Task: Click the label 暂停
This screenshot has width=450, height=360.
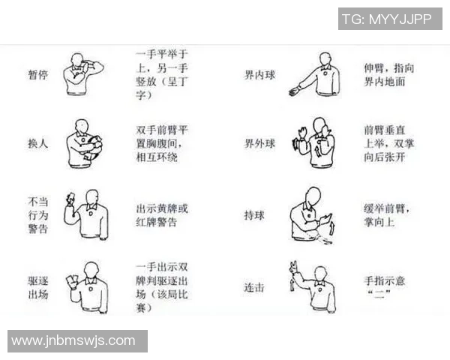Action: point(38,75)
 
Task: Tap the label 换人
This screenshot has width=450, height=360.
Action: point(38,143)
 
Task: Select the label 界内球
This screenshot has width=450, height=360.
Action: point(259,75)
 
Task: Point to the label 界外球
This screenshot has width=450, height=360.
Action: point(259,143)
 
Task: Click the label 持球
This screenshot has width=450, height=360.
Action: point(254,215)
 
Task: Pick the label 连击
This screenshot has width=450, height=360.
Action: point(254,287)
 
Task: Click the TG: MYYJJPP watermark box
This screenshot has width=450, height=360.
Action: point(390,19)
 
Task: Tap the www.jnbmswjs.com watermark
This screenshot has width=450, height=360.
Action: point(77,341)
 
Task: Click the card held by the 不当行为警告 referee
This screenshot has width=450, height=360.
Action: point(70,198)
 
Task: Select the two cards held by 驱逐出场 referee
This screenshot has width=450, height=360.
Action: point(72,280)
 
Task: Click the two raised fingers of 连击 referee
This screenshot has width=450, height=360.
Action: point(294,266)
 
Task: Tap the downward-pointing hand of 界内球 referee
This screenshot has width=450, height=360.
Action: point(294,91)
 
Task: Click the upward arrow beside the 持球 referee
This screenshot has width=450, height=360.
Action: point(332,228)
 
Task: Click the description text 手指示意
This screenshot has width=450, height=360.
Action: point(385,280)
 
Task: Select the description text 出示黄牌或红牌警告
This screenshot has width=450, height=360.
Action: point(162,215)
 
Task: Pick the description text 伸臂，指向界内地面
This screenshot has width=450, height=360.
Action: point(388,75)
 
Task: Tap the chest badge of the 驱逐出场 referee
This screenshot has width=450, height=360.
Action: point(91,289)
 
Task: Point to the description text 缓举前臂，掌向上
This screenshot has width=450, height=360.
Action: point(387,215)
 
